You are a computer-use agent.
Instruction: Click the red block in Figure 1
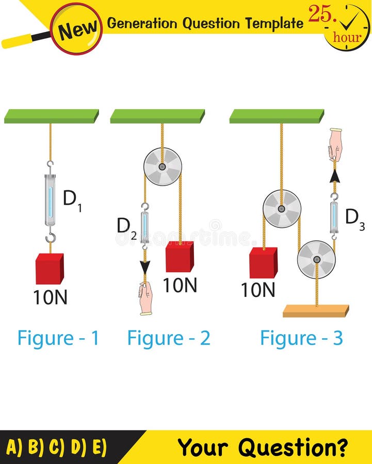[x=50, y=269]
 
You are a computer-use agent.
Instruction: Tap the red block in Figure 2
[x=180, y=256]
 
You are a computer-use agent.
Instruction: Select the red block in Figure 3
[x=263, y=262]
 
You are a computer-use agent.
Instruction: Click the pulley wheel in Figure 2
[x=163, y=167]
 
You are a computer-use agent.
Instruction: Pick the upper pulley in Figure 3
[x=282, y=209]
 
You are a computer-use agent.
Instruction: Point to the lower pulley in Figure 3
[x=316, y=259]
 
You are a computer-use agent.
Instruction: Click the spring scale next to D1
[x=50, y=201]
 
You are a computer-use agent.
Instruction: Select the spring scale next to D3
[x=334, y=217]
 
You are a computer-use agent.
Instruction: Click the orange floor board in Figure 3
[x=316, y=311]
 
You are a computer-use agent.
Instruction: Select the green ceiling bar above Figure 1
[x=52, y=116]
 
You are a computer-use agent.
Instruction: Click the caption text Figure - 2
[x=169, y=338]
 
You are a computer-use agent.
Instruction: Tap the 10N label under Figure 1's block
[x=50, y=297]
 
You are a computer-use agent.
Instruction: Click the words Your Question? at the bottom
[x=263, y=447]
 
